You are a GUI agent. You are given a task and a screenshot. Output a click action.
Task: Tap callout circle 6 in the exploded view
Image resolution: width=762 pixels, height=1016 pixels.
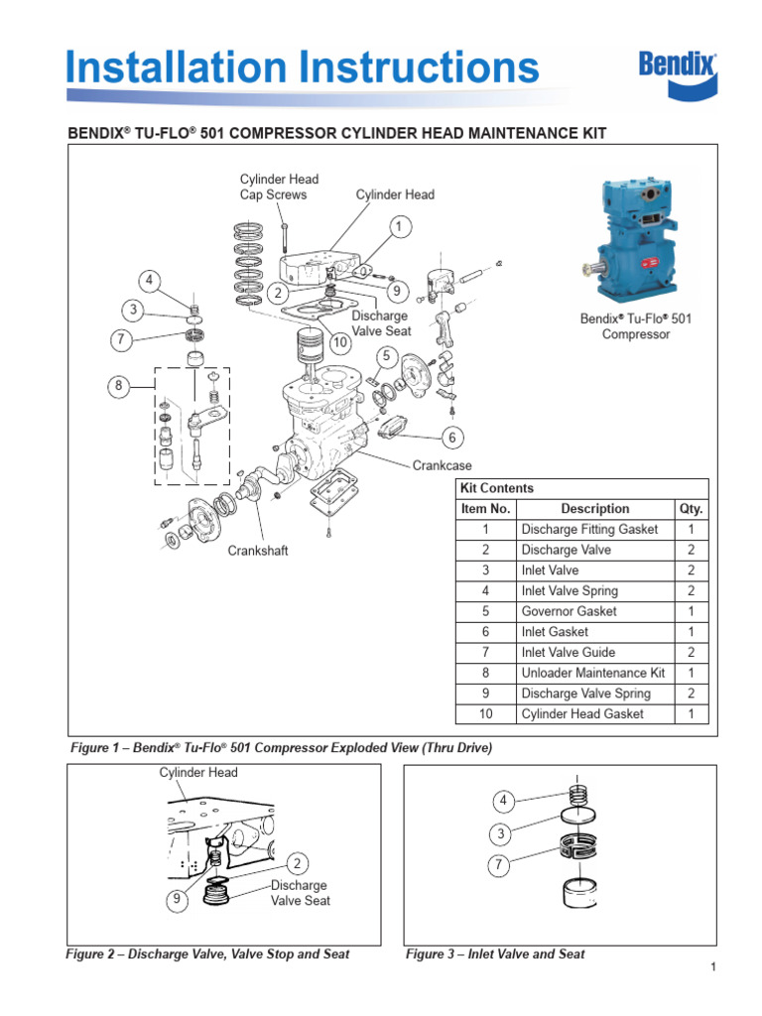pyautogui.click(x=453, y=438)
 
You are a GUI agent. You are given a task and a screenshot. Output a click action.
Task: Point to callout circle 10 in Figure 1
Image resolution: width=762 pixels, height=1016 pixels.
pyautogui.click(x=340, y=343)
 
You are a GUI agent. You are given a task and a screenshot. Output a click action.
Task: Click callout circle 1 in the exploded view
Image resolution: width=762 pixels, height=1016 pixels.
pyautogui.click(x=398, y=228)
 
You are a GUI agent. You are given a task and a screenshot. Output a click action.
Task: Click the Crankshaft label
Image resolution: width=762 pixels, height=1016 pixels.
pyautogui.click(x=258, y=551)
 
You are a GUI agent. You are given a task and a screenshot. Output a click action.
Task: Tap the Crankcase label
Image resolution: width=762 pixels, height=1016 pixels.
pyautogui.click(x=443, y=465)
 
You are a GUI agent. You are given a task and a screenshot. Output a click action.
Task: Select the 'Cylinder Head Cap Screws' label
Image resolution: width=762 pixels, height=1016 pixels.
pyautogui.click(x=279, y=187)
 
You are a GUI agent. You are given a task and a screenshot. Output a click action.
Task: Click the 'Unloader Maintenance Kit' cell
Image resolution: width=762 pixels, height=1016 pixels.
pyautogui.click(x=592, y=673)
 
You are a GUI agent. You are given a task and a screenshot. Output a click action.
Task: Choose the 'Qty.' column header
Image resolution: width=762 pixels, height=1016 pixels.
pyautogui.click(x=691, y=509)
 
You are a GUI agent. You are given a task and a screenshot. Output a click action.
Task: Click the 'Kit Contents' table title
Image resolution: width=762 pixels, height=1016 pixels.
pyautogui.click(x=497, y=488)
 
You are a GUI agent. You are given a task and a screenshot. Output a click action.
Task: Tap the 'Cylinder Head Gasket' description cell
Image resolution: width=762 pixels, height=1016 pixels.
pyautogui.click(x=581, y=714)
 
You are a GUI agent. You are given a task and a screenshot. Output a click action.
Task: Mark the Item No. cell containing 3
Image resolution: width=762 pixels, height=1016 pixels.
pyautogui.click(x=485, y=571)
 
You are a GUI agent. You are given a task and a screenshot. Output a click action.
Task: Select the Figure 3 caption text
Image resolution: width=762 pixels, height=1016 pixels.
pyautogui.click(x=495, y=954)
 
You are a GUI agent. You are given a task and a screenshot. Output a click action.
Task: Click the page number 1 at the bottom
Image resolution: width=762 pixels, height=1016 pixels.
pyautogui.click(x=712, y=968)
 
